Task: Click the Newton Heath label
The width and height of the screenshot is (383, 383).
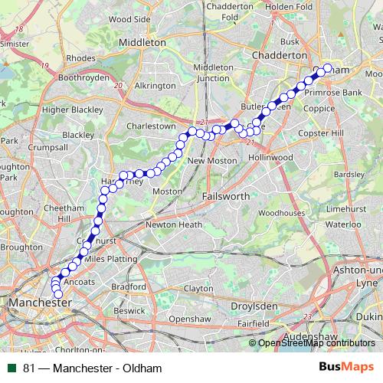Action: coord(174,224)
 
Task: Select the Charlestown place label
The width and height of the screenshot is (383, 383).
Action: coord(151,126)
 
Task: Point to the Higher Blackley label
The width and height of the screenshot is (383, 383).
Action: coord(72,110)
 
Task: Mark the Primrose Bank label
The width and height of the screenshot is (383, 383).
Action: coord(332,92)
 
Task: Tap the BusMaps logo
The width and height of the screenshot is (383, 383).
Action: coord(347,367)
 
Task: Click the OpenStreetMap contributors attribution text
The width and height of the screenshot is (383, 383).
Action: coord(316,343)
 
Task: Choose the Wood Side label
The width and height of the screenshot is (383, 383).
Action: coord(129,18)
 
